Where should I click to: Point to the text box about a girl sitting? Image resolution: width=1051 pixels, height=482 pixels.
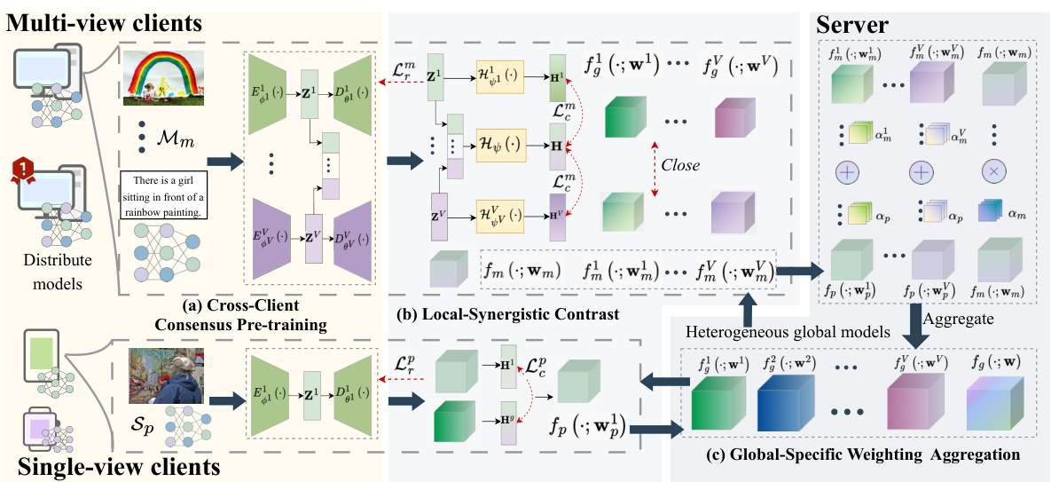pyautogui.click(x=168, y=198)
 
